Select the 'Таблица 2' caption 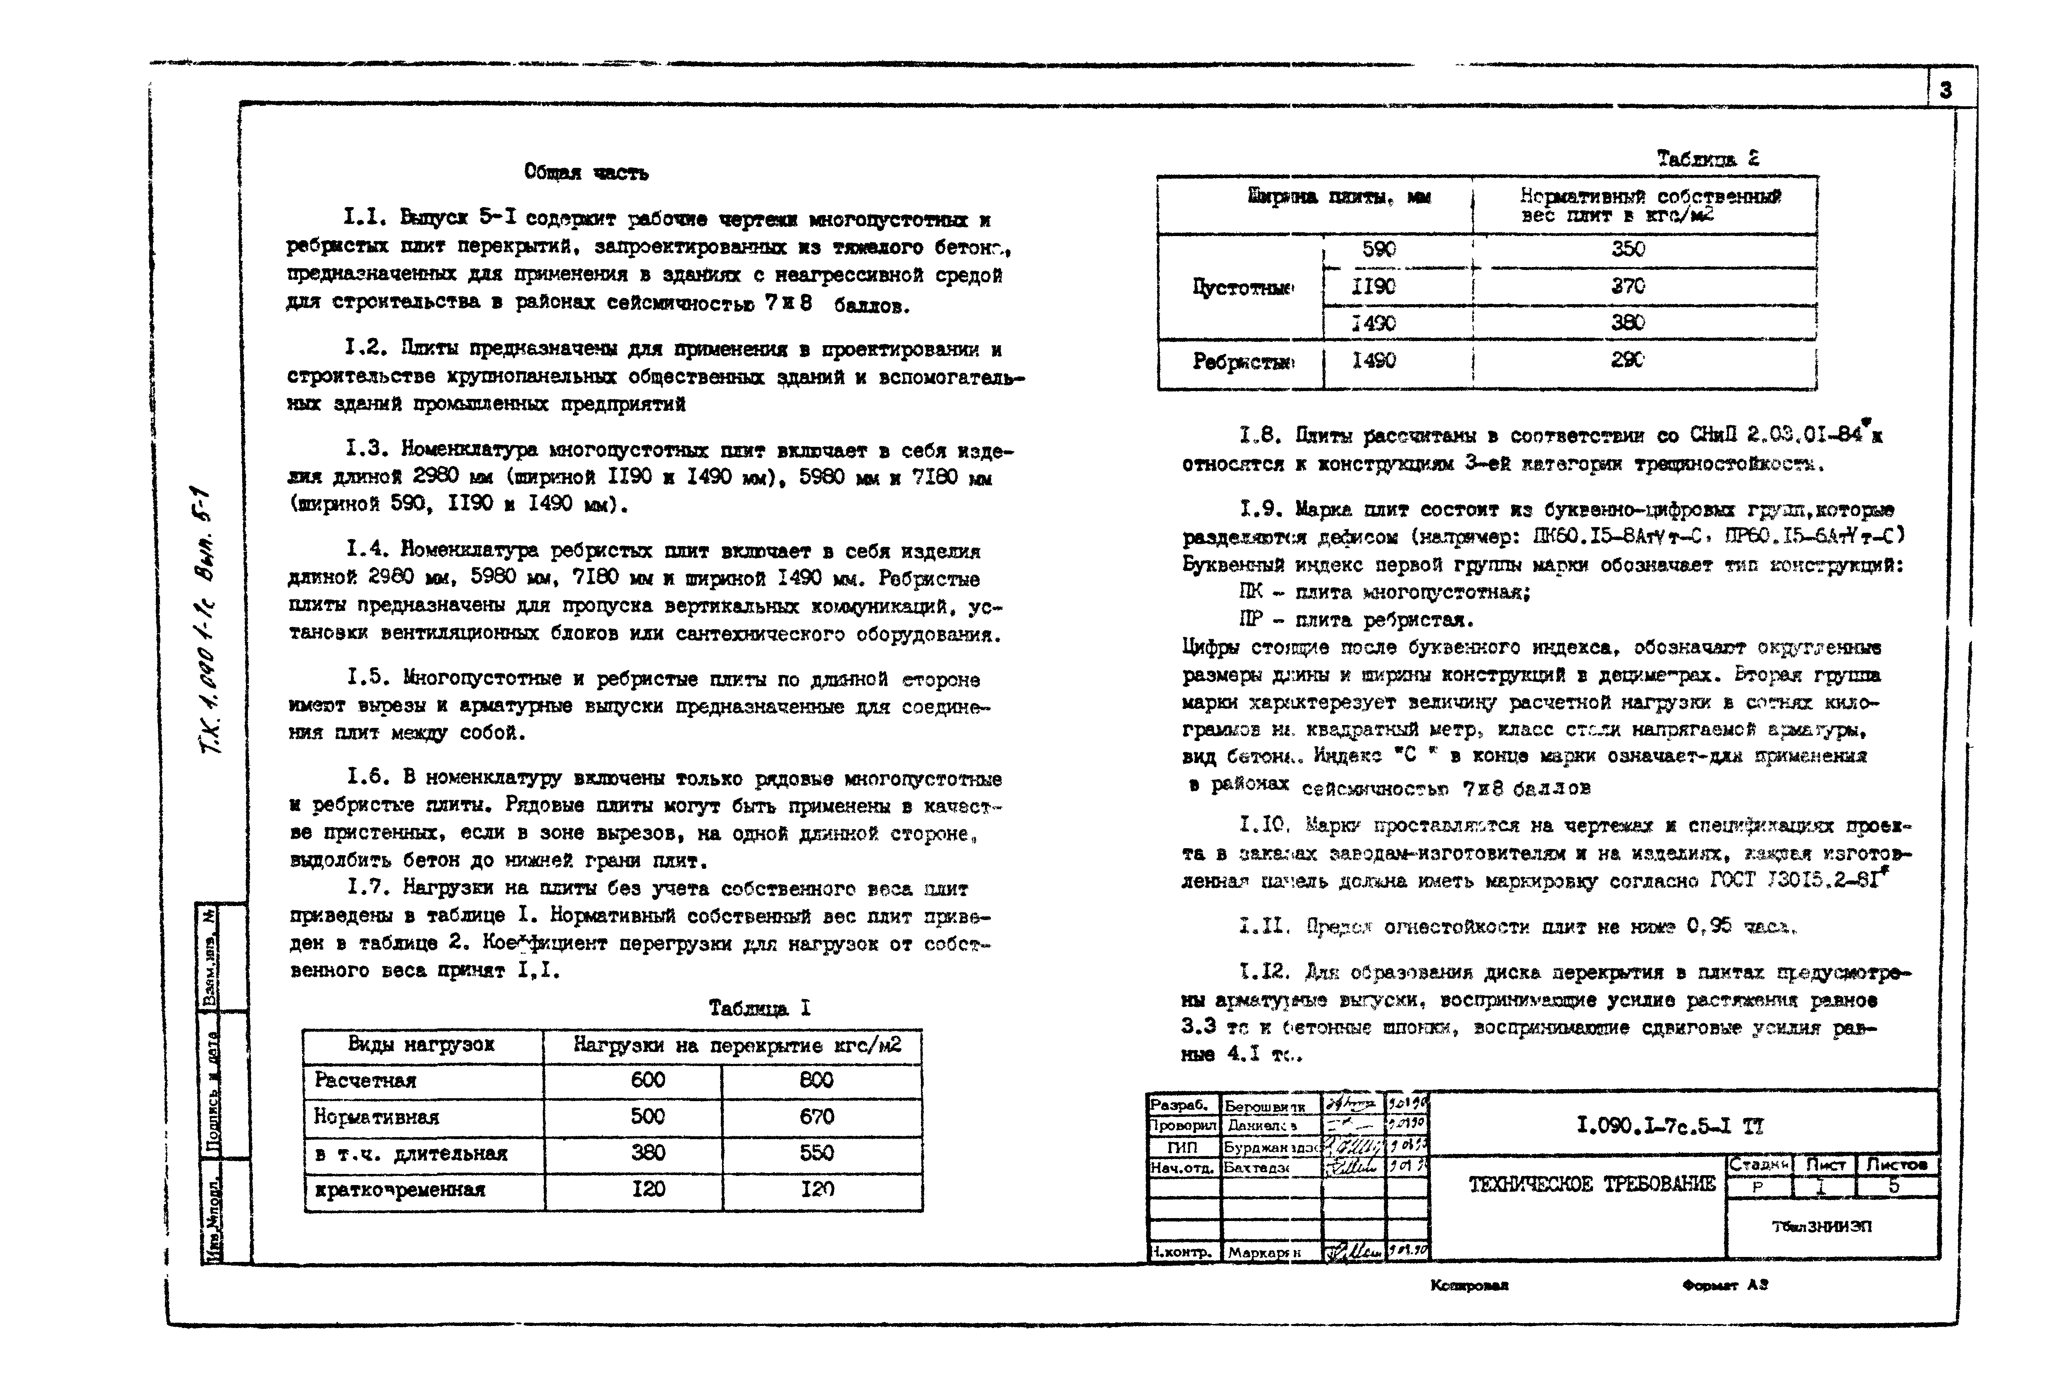[x=1707, y=159]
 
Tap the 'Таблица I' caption [x=760, y=1008]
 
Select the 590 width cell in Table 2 [x=1378, y=249]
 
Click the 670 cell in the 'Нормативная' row [x=816, y=1117]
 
